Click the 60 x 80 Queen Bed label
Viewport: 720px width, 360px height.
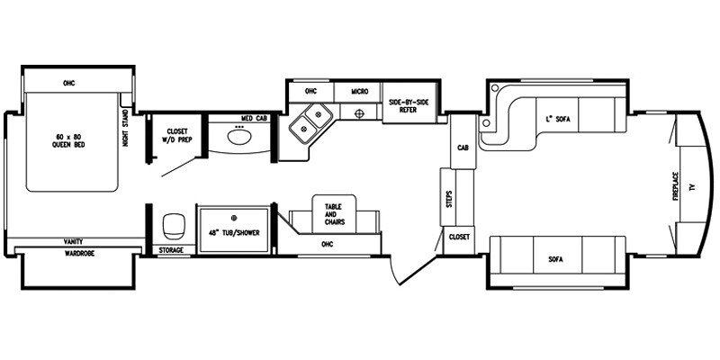pyautogui.click(x=69, y=140)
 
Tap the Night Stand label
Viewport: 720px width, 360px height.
pyautogui.click(x=125, y=128)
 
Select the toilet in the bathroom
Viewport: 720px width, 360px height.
pyautogui.click(x=174, y=227)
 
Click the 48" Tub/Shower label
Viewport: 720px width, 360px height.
pyautogui.click(x=234, y=233)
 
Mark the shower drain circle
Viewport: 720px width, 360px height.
pyautogui.click(x=234, y=217)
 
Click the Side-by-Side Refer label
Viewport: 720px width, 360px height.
pyautogui.click(x=409, y=105)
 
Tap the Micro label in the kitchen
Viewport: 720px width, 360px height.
pyautogui.click(x=359, y=92)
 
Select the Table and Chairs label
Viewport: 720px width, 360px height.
pyautogui.click(x=334, y=214)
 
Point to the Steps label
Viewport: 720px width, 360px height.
pyautogui.click(x=449, y=198)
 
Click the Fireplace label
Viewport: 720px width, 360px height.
pyautogui.click(x=676, y=185)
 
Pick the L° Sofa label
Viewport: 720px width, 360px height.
pyautogui.click(x=557, y=119)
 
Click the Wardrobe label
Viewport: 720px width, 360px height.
pyautogui.click(x=79, y=253)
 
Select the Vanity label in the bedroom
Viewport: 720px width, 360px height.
pyautogui.click(x=74, y=241)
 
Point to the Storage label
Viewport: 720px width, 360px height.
pyautogui.click(x=171, y=250)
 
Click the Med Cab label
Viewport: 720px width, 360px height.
pyautogui.click(x=254, y=118)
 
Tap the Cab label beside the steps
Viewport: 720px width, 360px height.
pyautogui.click(x=463, y=148)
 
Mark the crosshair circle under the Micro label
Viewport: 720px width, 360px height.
pyautogui.click(x=359, y=112)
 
